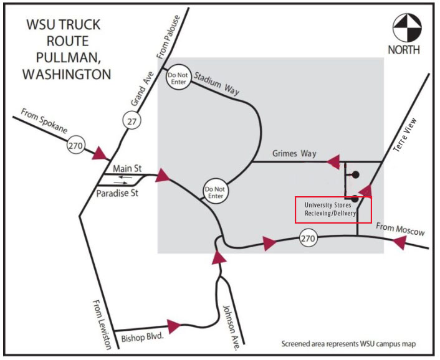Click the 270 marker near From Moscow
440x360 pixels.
308,237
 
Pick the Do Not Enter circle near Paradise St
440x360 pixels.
215,191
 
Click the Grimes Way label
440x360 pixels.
295,153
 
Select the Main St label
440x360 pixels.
128,169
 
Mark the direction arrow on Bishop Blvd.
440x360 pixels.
173,325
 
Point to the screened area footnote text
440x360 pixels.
348,344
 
